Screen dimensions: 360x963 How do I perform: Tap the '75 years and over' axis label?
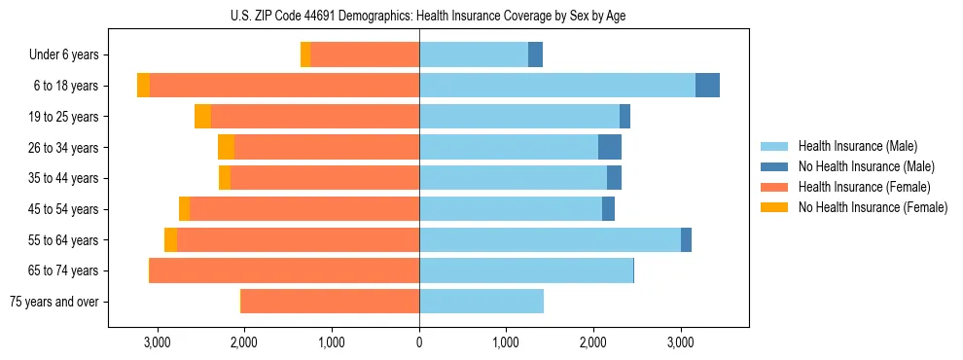point(54,302)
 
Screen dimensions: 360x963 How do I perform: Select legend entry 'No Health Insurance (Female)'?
point(873,207)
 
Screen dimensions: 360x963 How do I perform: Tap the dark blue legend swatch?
point(774,167)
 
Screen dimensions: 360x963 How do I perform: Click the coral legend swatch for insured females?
point(774,187)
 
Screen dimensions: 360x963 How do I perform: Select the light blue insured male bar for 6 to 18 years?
point(557,86)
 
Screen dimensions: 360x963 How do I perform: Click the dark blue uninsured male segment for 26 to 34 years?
point(610,147)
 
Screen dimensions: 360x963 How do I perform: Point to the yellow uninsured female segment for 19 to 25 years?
point(202,117)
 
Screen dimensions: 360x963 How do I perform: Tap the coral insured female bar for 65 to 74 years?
point(284,270)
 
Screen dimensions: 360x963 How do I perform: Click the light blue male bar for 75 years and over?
point(481,302)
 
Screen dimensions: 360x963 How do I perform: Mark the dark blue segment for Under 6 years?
point(535,54)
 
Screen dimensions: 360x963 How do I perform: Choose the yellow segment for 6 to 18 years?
point(143,86)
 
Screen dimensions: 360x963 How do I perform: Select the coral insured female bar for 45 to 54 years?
point(304,209)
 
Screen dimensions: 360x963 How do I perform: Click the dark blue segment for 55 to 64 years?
point(686,239)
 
